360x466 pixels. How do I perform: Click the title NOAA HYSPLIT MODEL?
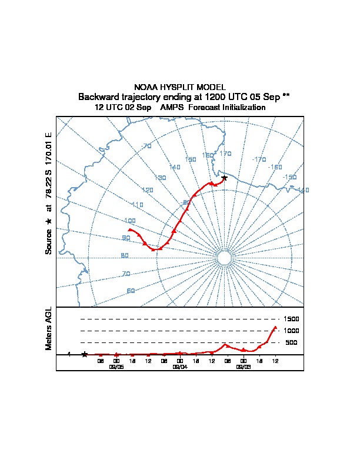(180, 87)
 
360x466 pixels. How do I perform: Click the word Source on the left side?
(49, 241)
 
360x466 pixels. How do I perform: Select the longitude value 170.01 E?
(49, 148)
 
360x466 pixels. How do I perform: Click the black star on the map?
(224, 178)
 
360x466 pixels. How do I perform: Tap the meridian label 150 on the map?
(191, 159)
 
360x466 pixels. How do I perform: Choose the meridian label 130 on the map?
(160, 178)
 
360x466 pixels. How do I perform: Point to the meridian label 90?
(126, 238)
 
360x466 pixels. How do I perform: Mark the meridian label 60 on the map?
(131, 291)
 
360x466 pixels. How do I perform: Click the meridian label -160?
(275, 167)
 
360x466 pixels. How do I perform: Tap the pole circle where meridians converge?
(224, 258)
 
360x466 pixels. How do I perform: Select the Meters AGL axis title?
(49, 328)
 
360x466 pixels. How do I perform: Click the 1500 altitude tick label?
(292, 319)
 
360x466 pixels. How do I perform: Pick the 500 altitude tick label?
(291, 342)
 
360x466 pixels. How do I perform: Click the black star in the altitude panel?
(85, 354)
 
